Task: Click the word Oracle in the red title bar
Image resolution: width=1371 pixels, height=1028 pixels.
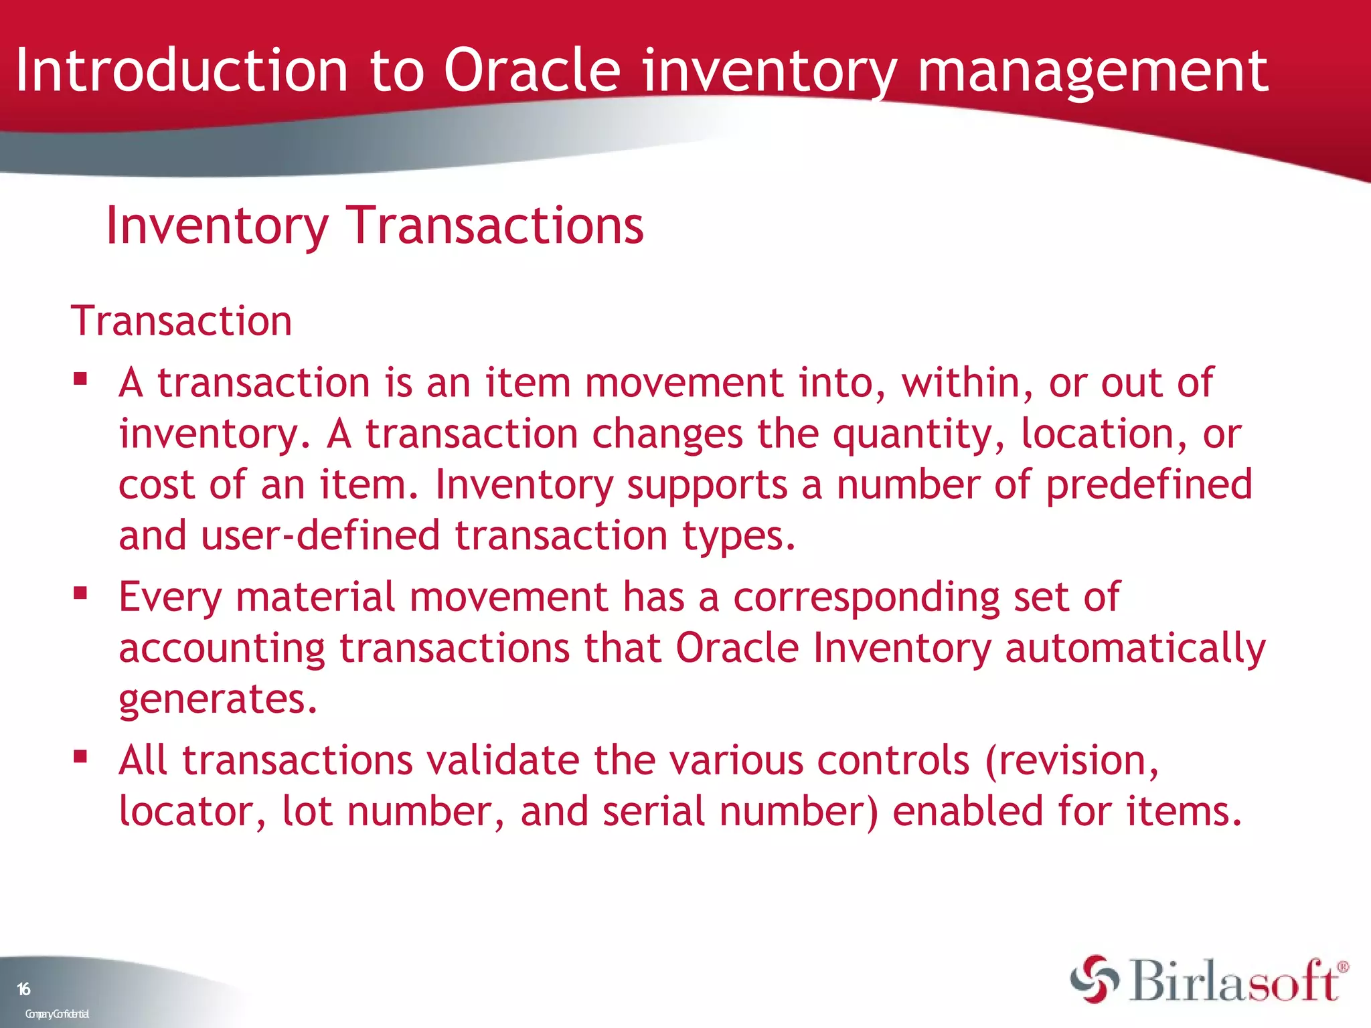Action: [532, 71]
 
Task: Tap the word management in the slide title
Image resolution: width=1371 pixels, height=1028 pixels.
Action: [1092, 71]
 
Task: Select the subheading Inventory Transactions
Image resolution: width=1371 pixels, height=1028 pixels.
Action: [375, 226]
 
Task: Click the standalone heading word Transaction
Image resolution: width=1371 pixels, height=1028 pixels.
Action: [181, 321]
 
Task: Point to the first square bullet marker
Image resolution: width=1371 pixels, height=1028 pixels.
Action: [81, 379]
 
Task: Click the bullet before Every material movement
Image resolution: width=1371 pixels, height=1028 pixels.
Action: [81, 593]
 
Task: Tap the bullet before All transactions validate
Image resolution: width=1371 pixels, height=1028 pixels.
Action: [81, 757]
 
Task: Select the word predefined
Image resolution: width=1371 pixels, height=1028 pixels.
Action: [1149, 485]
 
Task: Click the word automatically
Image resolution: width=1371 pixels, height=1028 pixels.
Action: [1135, 649]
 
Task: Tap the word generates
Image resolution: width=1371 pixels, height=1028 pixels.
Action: [218, 700]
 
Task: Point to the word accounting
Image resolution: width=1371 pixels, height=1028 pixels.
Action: [222, 649]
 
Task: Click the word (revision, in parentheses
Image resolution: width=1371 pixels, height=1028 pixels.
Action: [1072, 761]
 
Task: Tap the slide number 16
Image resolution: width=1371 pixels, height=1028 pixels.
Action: [23, 989]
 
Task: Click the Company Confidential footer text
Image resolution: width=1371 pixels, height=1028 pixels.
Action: [57, 1014]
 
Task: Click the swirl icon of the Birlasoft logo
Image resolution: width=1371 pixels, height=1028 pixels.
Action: [1095, 979]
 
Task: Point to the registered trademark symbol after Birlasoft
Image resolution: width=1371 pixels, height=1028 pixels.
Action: [1343, 967]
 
